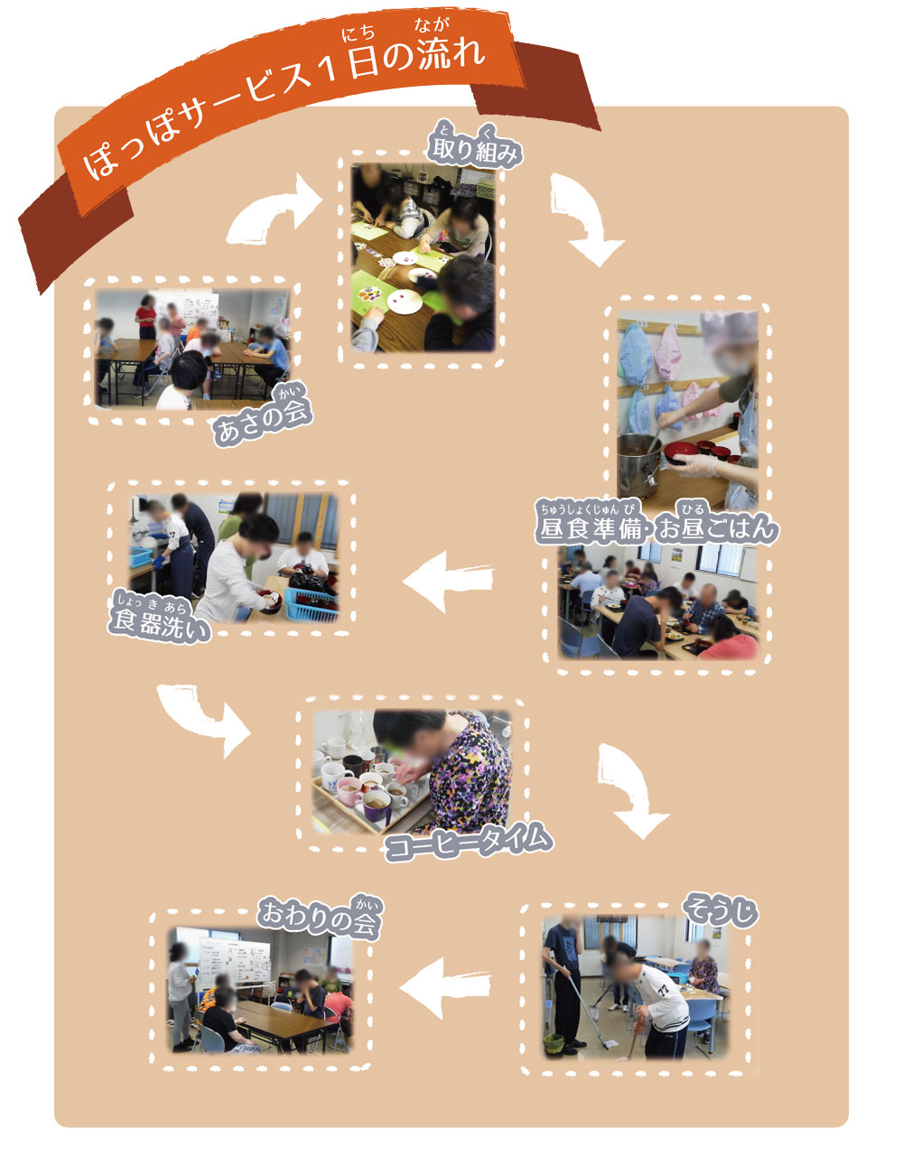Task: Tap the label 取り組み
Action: coord(474,152)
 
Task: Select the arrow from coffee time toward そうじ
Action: coord(630,788)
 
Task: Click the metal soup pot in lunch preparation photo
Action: coord(638,461)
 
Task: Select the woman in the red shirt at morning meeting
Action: coord(145,316)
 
